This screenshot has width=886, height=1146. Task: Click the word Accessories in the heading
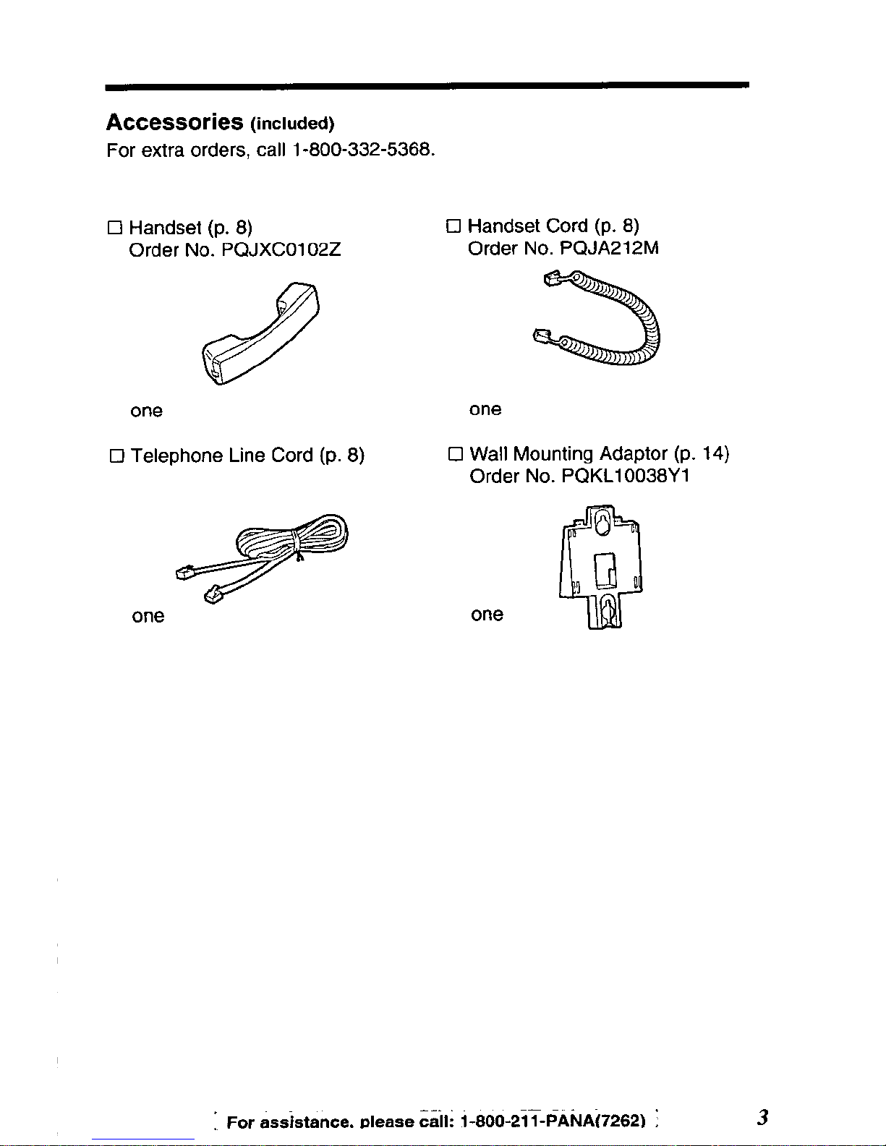pos(174,122)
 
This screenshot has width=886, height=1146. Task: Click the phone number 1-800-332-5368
pos(363,150)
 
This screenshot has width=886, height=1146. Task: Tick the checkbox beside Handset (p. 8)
pos(115,228)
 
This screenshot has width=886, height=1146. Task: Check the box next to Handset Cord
pos(453,226)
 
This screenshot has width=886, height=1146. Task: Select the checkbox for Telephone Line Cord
pos(116,456)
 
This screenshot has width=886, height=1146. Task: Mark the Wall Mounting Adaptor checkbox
pos(455,454)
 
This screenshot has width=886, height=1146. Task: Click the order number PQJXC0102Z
pos(281,250)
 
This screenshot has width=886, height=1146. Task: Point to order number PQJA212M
pos(609,249)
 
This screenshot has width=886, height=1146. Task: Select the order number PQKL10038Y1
pos(626,476)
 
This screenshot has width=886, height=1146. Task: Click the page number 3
pos(762,1118)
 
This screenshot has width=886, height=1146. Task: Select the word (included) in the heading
pos(292,124)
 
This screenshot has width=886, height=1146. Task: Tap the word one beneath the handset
pos(147,411)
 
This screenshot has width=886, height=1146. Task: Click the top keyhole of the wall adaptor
pos(602,523)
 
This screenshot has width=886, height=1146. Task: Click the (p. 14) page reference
pos(702,453)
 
